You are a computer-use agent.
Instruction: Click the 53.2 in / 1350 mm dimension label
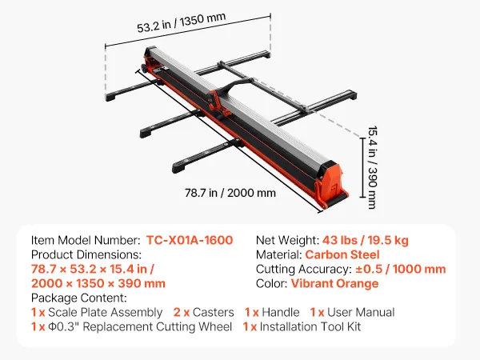(182, 22)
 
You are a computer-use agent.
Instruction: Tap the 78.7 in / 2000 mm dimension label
(230, 193)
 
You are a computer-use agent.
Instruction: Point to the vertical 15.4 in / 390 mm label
(372, 167)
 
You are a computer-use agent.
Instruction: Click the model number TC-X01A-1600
(190, 240)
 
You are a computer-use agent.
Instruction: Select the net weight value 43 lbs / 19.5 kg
(366, 240)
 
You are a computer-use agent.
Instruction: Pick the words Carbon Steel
(342, 254)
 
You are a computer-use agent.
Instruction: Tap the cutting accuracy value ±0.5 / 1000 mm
(401, 269)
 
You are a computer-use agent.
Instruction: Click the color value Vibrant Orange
(334, 283)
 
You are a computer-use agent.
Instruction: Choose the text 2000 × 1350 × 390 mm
(98, 283)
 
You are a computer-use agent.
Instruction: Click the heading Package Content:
(79, 298)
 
